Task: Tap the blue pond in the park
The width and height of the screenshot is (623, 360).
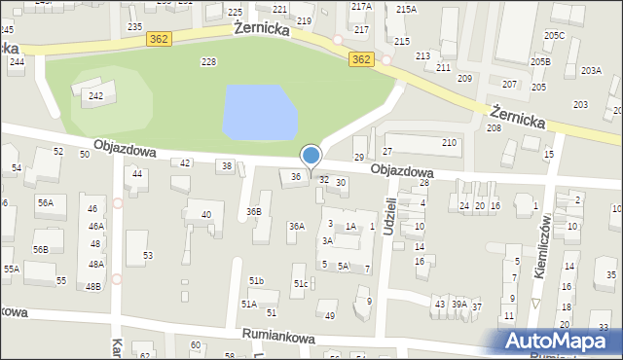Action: point(258,112)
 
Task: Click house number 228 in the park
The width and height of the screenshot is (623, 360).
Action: point(207,62)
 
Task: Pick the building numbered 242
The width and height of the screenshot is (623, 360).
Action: point(95,95)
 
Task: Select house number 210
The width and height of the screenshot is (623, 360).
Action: point(449,143)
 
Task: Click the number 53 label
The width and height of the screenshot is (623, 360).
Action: point(148,256)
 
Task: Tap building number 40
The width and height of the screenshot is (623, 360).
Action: point(205,215)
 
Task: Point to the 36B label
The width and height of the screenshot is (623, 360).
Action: point(254,211)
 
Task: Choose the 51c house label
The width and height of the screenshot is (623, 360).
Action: point(302,283)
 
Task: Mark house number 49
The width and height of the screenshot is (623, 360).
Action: point(330,315)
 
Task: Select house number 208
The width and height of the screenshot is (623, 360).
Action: point(494,128)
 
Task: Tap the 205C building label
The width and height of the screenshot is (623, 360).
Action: point(554,35)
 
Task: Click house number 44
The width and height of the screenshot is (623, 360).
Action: point(137,174)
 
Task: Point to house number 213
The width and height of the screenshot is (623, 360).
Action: point(422,56)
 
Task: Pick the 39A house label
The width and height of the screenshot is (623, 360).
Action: point(458,305)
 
